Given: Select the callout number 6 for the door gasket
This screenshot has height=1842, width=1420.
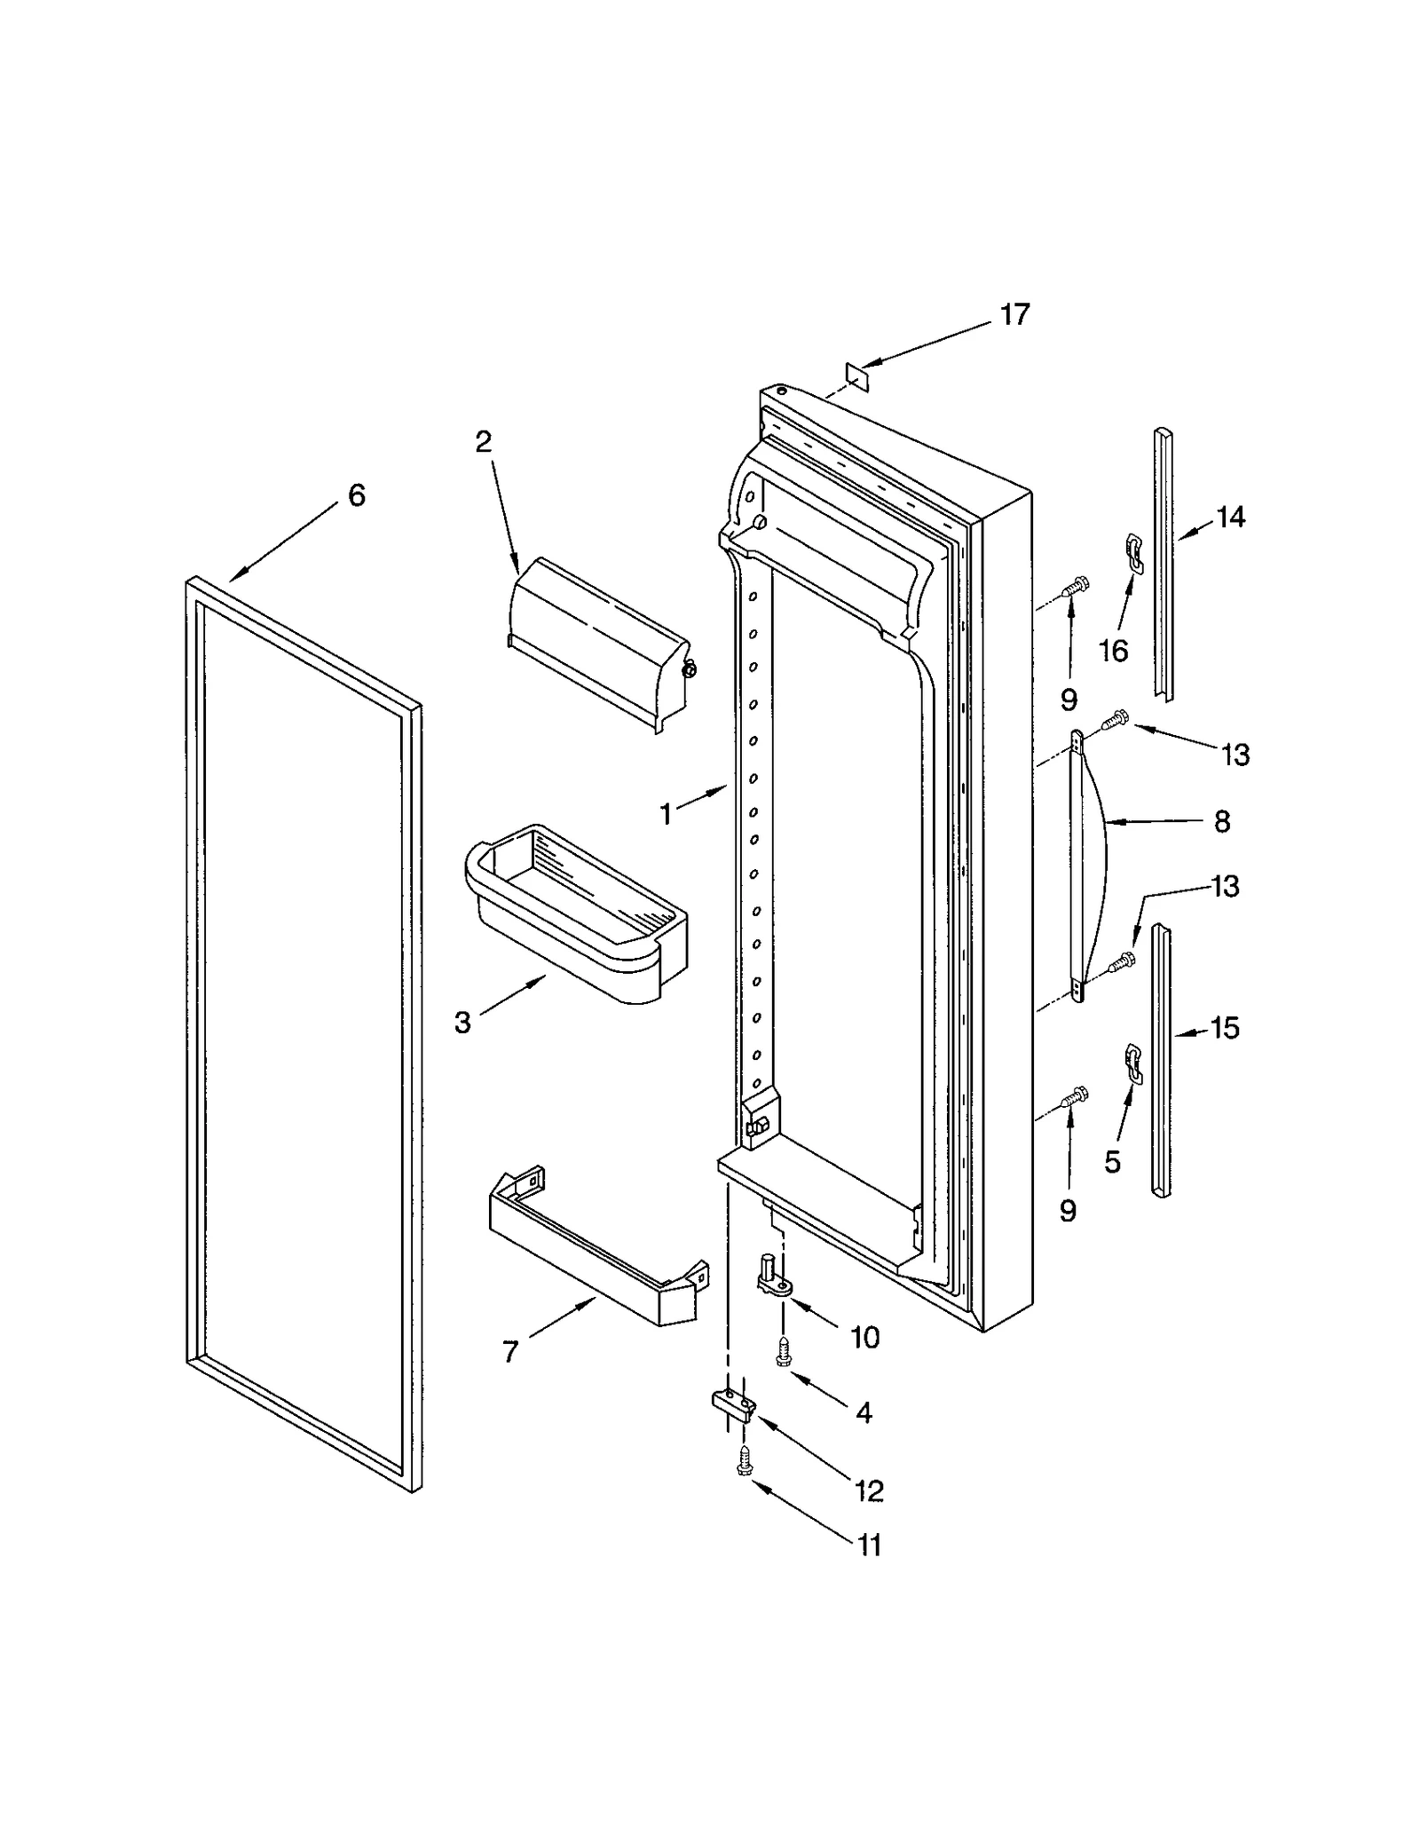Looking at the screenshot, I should tap(356, 495).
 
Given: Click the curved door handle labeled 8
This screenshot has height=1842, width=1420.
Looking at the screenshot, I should tap(1088, 866).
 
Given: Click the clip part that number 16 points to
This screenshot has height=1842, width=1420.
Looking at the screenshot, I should tap(1132, 549).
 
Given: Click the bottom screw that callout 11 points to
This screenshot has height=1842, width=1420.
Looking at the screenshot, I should tap(744, 1460).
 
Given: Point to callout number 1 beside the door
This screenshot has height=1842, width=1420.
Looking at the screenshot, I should tap(666, 813).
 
